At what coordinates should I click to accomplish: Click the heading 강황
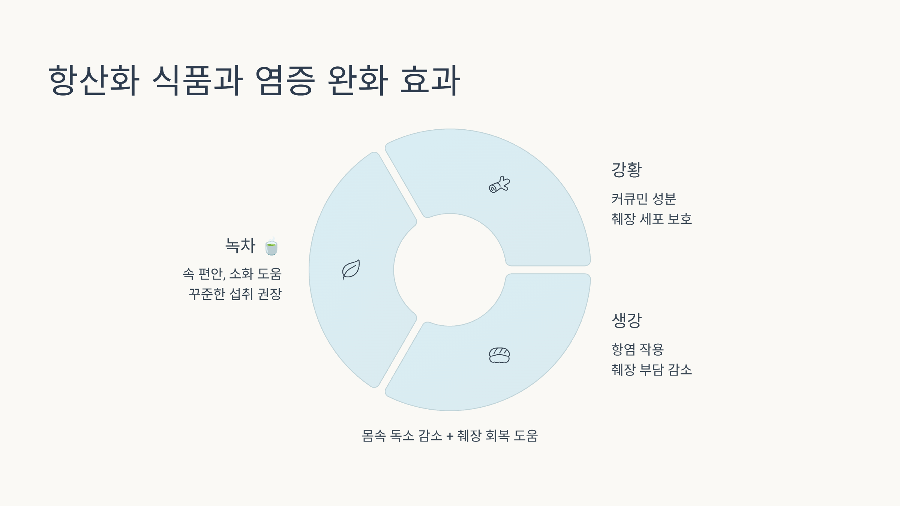coord(627,170)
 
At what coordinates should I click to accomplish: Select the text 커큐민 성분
coord(643,199)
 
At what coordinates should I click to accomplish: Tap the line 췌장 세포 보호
coord(651,219)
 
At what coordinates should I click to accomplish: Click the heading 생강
coord(627,320)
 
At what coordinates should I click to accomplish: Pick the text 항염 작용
coord(637,349)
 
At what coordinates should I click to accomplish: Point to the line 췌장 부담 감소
coord(651,370)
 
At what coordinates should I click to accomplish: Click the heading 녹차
coord(240,246)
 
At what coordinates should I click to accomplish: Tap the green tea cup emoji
coord(271,247)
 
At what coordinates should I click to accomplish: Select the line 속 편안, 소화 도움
coord(232,274)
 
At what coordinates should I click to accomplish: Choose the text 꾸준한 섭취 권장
coord(235,294)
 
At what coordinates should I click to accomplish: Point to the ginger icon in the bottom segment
coord(499,355)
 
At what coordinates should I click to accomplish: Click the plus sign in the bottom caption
coord(450,436)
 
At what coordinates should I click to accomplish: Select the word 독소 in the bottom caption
coord(402,436)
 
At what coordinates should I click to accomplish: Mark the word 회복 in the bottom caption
coord(497,436)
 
